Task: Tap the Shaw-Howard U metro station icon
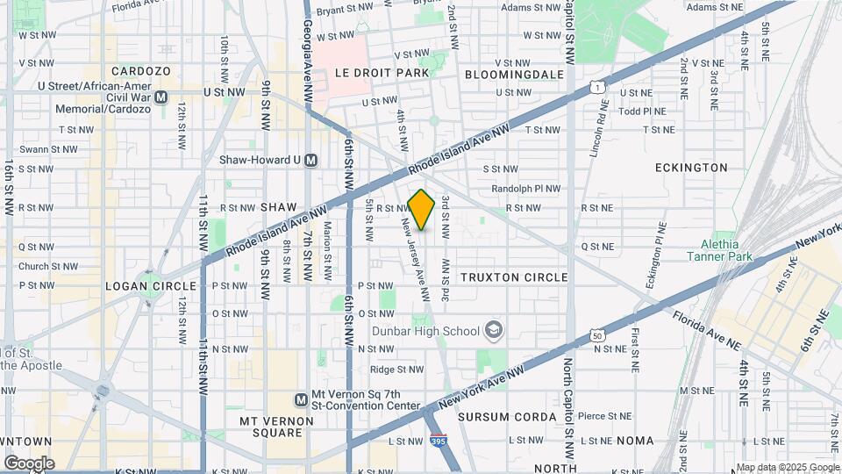[324, 160]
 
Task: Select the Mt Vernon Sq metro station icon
[301, 399]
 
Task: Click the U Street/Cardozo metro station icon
[161, 97]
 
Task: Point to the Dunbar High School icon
[495, 330]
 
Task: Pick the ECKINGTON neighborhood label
[691, 167]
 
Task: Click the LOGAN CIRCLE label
[150, 286]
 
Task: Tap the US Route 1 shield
[596, 86]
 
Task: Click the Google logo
[29, 463]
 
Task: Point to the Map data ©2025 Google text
[788, 467]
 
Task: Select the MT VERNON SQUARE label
[276, 427]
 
